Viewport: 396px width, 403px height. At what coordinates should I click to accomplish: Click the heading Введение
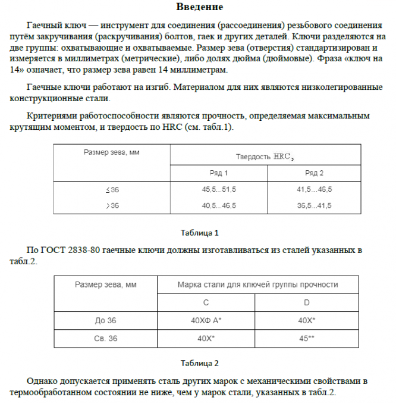point(200,8)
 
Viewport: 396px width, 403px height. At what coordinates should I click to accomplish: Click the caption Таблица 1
point(200,233)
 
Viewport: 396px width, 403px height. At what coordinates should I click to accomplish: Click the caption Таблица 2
point(200,363)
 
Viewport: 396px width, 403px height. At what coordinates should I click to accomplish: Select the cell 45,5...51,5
point(219,189)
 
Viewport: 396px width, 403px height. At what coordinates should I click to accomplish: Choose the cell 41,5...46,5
point(315,189)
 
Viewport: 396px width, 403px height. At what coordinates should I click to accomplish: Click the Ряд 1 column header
point(219,173)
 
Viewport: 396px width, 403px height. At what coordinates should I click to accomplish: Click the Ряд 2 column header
point(315,173)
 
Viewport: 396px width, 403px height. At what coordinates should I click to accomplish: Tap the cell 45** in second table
point(307,338)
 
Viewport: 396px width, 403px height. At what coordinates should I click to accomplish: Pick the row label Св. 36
point(106,338)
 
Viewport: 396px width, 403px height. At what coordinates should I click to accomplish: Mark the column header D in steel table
point(307,303)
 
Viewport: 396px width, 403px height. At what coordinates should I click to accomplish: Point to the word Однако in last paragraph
point(43,381)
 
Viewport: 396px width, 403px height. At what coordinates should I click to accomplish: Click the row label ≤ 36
point(112,189)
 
